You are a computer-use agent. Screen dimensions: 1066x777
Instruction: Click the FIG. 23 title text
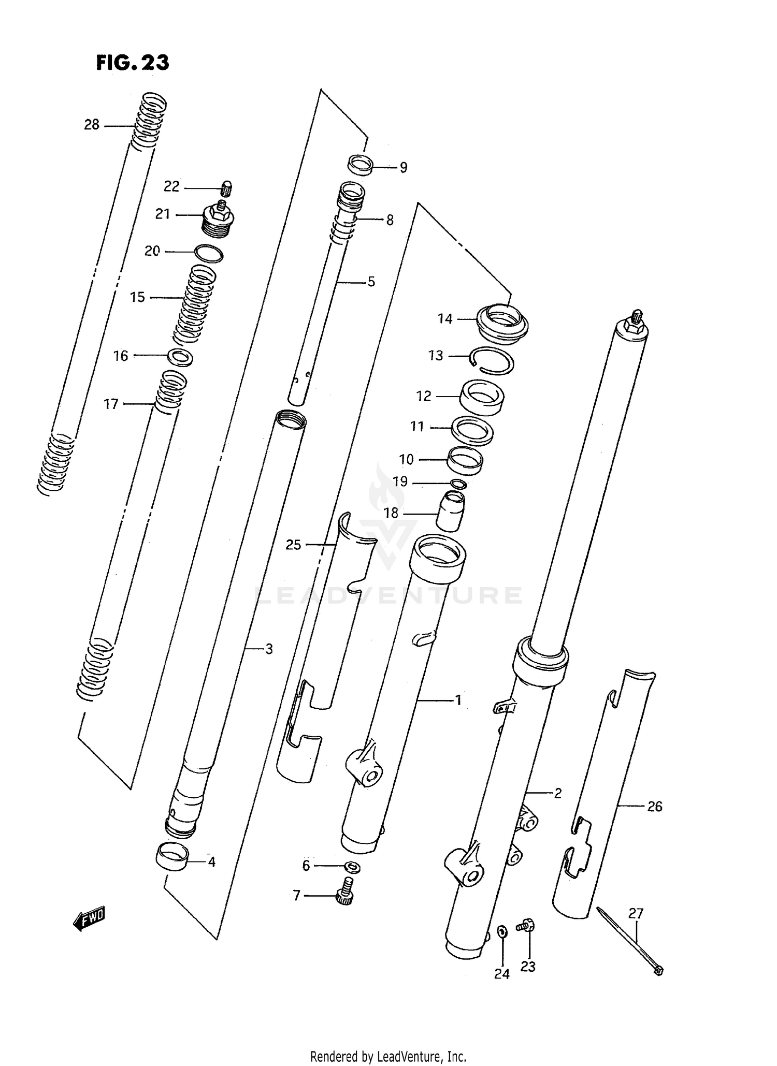pyautogui.click(x=133, y=63)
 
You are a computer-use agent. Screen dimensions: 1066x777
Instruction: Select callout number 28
pyautogui.click(x=92, y=125)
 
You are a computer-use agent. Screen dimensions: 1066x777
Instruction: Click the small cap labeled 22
pyautogui.click(x=226, y=187)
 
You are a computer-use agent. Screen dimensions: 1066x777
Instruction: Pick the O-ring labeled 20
pyautogui.click(x=209, y=253)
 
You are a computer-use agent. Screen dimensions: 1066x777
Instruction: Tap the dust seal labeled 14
pyautogui.click(x=502, y=323)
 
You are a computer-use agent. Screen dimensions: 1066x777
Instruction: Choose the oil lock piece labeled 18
pyautogui.click(x=451, y=511)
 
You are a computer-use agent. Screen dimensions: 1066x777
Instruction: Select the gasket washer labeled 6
pyautogui.click(x=352, y=866)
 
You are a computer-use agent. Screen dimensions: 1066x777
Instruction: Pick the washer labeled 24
pyautogui.click(x=502, y=931)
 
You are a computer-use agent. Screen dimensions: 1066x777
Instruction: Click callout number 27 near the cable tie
pyautogui.click(x=636, y=914)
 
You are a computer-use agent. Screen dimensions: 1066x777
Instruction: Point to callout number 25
pyautogui.click(x=293, y=545)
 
